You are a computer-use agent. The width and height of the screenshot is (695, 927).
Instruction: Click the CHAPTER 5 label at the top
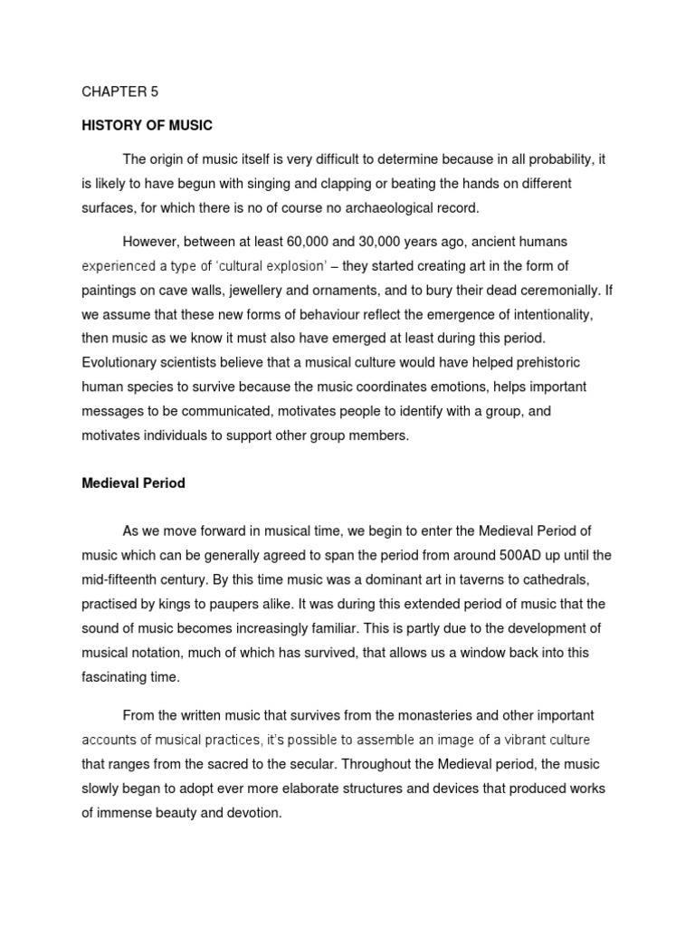119,92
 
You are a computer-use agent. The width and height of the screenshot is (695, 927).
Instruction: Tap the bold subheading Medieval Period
133,483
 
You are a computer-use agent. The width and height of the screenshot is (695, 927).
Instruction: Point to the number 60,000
332,243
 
